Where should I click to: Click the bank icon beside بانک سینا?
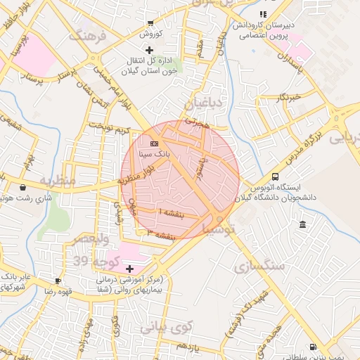154,144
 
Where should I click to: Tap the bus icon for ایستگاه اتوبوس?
274,177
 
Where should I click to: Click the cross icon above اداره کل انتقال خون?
148,50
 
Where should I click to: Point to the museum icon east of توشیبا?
302,224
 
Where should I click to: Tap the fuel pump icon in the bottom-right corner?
312,347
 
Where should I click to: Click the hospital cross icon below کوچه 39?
129,269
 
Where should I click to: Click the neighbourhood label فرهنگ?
88,34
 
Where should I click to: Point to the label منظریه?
57,181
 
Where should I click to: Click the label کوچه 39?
90,261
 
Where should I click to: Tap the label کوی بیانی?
165,327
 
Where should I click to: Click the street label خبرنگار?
289,96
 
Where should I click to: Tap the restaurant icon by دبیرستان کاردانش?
263,13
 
